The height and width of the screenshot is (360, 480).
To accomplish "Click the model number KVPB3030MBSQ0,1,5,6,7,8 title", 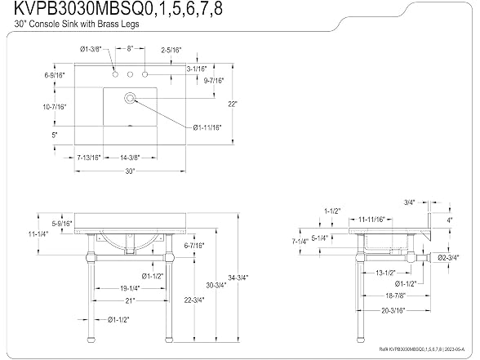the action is point(118,8).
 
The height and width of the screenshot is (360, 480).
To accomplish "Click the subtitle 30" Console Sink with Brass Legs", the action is point(77,24).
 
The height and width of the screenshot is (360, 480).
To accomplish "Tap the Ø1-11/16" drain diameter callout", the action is point(207,127).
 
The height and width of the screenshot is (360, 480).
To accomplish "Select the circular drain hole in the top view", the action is point(130,98).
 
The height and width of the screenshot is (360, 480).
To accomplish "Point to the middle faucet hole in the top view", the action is point(130,74).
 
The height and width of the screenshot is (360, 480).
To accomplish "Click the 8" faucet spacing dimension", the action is point(130,49).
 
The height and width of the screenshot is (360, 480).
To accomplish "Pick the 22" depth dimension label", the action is point(233,104).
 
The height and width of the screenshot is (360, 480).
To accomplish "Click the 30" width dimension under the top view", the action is point(130,171).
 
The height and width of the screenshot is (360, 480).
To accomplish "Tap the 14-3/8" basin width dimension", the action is point(130,158).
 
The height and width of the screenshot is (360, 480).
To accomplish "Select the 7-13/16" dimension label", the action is point(89,158).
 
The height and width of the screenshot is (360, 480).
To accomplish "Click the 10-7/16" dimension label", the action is point(55,107).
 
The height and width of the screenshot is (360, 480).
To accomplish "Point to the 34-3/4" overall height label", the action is point(238,278).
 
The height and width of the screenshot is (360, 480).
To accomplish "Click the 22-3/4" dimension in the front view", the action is point(194,300).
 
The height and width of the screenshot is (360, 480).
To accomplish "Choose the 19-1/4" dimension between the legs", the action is point(130,288).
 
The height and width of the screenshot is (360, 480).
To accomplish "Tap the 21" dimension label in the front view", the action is point(130,301).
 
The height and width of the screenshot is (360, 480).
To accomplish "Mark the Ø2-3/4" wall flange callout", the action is point(448,258).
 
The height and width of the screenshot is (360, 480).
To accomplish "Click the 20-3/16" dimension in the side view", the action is point(393,311).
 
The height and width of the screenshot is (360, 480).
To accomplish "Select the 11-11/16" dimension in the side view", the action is point(371,220).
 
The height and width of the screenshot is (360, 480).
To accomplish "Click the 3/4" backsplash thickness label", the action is point(409,202).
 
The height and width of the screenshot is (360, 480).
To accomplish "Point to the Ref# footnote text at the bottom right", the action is point(422,349).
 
